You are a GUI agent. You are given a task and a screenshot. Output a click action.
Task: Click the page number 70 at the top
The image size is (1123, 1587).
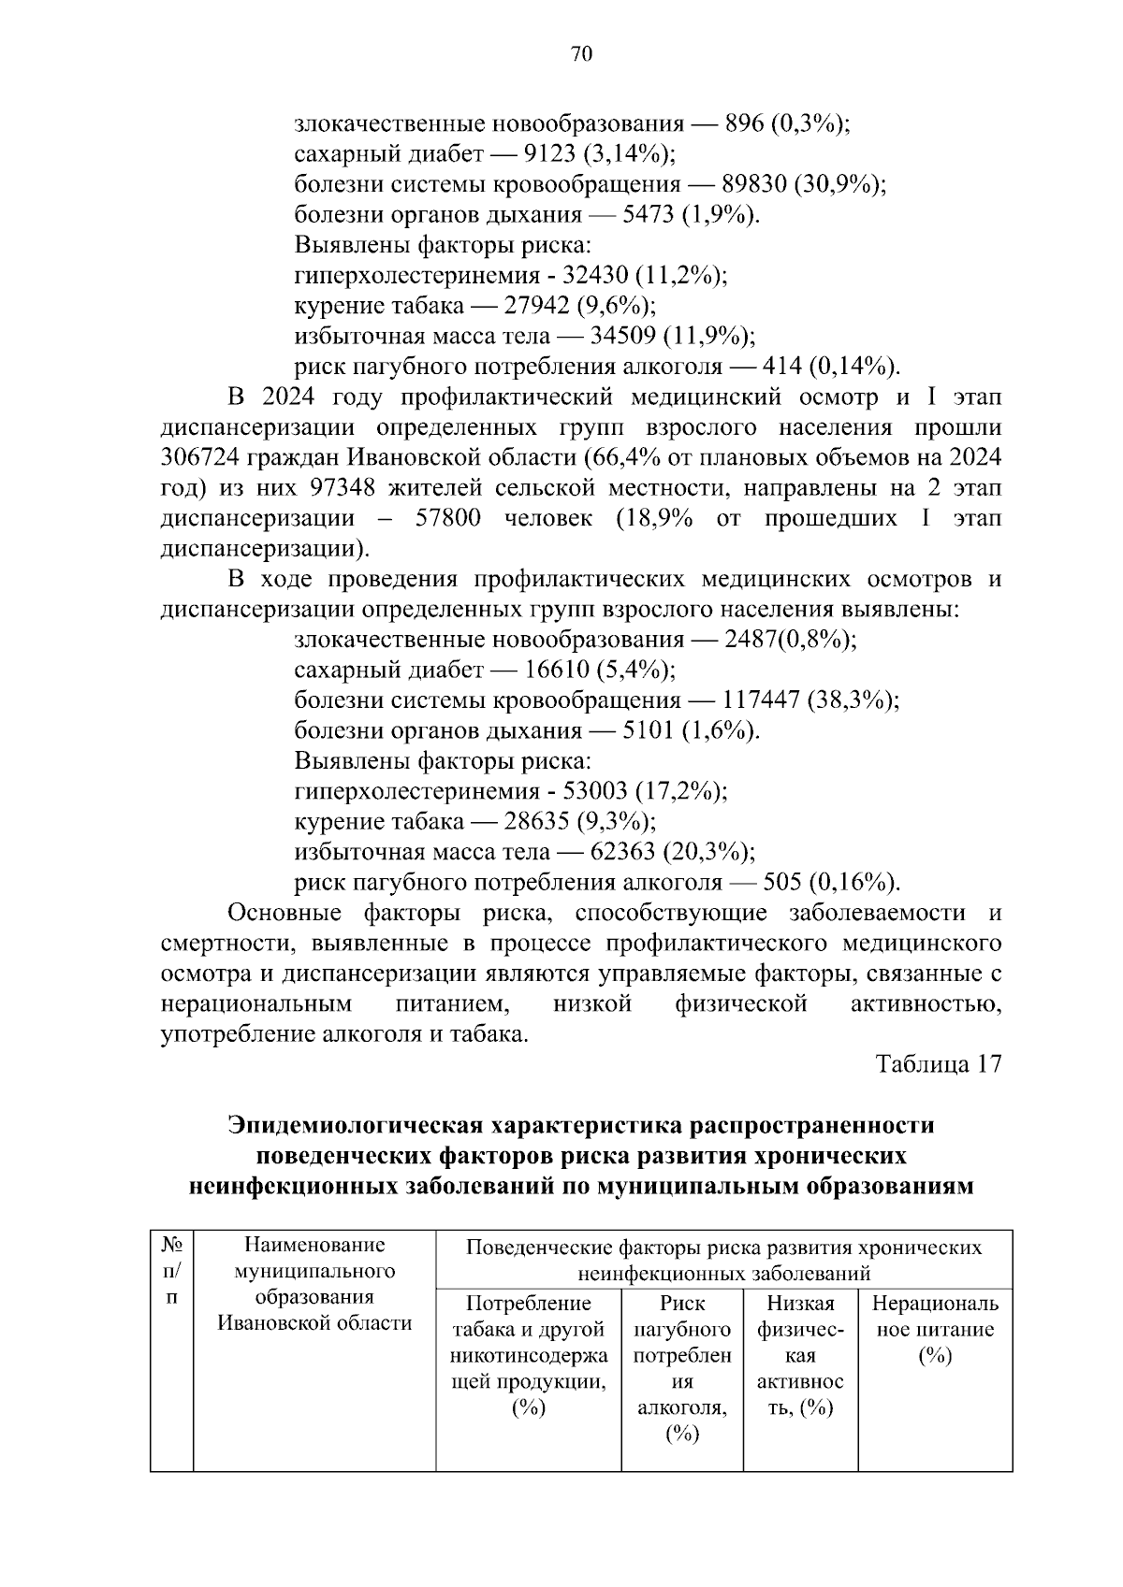point(580,54)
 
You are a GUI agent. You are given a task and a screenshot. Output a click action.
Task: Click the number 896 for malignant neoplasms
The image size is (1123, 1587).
point(744,123)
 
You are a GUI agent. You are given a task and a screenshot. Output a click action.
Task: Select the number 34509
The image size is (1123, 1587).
point(622,336)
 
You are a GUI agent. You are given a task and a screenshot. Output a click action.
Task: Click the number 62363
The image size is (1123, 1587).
point(622,852)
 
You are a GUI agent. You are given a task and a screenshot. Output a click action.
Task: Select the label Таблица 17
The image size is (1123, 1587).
point(938,1064)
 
